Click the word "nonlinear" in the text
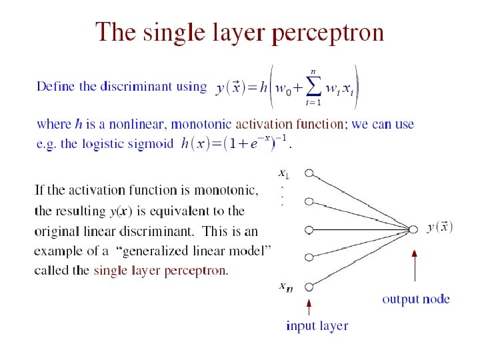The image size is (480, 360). click(123, 124)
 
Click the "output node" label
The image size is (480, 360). click(415, 299)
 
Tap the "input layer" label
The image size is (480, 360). click(317, 326)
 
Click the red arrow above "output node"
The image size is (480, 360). click(415, 269)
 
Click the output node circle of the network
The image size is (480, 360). click(415, 227)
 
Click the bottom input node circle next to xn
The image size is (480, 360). click(309, 287)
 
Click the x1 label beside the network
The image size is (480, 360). click(283, 175)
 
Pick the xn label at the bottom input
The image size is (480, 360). click(285, 287)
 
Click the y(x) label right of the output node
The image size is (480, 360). click(440, 227)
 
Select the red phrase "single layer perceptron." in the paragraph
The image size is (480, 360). click(161, 271)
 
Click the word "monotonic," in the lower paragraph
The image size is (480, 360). click(229, 191)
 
